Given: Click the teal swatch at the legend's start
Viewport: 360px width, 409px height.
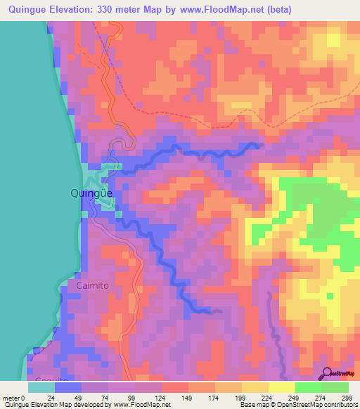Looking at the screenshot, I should click(x=42, y=387).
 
